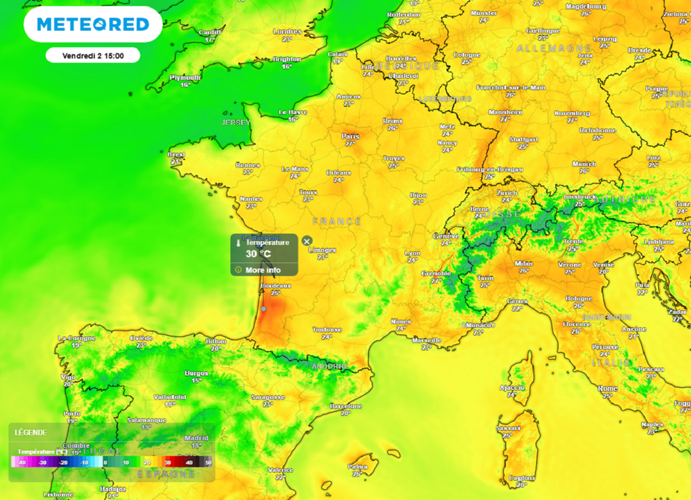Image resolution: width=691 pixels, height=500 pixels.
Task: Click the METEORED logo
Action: click(x=92, y=24)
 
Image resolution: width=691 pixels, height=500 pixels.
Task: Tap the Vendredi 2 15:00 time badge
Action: click(x=92, y=55)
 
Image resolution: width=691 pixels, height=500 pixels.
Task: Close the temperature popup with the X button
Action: click(x=307, y=241)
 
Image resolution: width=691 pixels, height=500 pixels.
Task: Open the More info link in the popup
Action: click(x=262, y=270)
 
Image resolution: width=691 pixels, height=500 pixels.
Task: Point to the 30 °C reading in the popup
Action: click(x=258, y=254)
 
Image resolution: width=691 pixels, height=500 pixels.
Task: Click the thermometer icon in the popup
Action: click(x=238, y=242)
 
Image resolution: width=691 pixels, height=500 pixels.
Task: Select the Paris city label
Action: click(x=350, y=136)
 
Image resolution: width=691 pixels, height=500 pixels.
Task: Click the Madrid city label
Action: click(x=196, y=438)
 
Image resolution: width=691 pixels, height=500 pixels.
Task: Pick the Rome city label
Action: click(x=607, y=389)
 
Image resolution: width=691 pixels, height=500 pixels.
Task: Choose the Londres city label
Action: click(x=287, y=32)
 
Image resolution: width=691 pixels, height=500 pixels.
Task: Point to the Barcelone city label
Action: click(x=346, y=406)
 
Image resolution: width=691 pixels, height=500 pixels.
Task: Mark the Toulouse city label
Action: click(x=327, y=329)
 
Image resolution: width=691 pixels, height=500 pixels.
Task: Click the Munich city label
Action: click(x=584, y=164)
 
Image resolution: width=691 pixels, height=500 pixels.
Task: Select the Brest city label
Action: click(x=176, y=155)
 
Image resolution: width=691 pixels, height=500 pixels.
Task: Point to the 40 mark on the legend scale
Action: click(x=190, y=462)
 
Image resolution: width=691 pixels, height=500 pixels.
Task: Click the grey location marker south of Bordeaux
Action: click(x=264, y=308)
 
